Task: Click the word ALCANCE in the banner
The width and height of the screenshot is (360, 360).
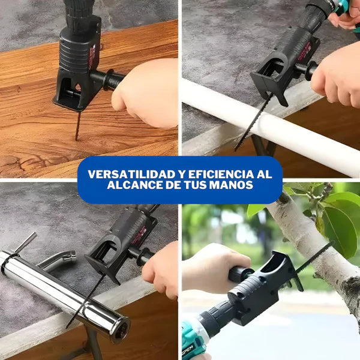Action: [x=132, y=185]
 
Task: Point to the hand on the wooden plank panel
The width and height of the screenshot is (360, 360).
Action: [x=147, y=93]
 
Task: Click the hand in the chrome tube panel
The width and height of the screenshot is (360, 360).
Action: [x=162, y=270]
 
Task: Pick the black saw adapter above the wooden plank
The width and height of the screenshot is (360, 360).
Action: [x=78, y=66]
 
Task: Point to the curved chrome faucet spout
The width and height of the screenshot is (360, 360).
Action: [x=57, y=261]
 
